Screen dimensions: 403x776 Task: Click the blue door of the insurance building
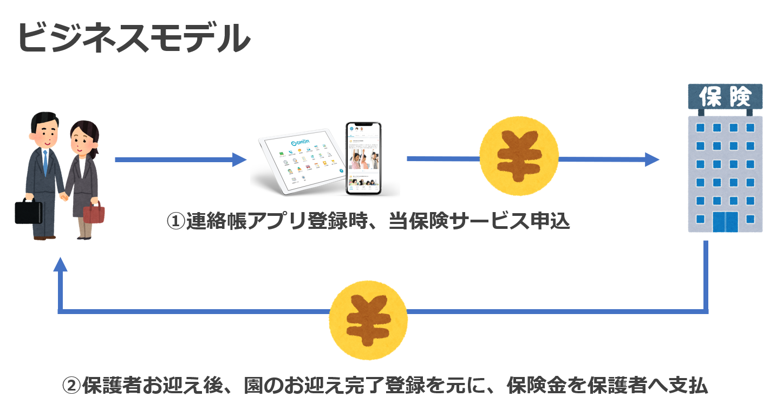[x=725, y=221]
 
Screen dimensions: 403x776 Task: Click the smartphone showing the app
[x=363, y=158]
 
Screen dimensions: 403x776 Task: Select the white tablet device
[x=301, y=162]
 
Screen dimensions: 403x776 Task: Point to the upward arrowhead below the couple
[x=61, y=264]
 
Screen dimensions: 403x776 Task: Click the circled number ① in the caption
[x=175, y=222]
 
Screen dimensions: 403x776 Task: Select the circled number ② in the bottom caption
[x=71, y=386]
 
